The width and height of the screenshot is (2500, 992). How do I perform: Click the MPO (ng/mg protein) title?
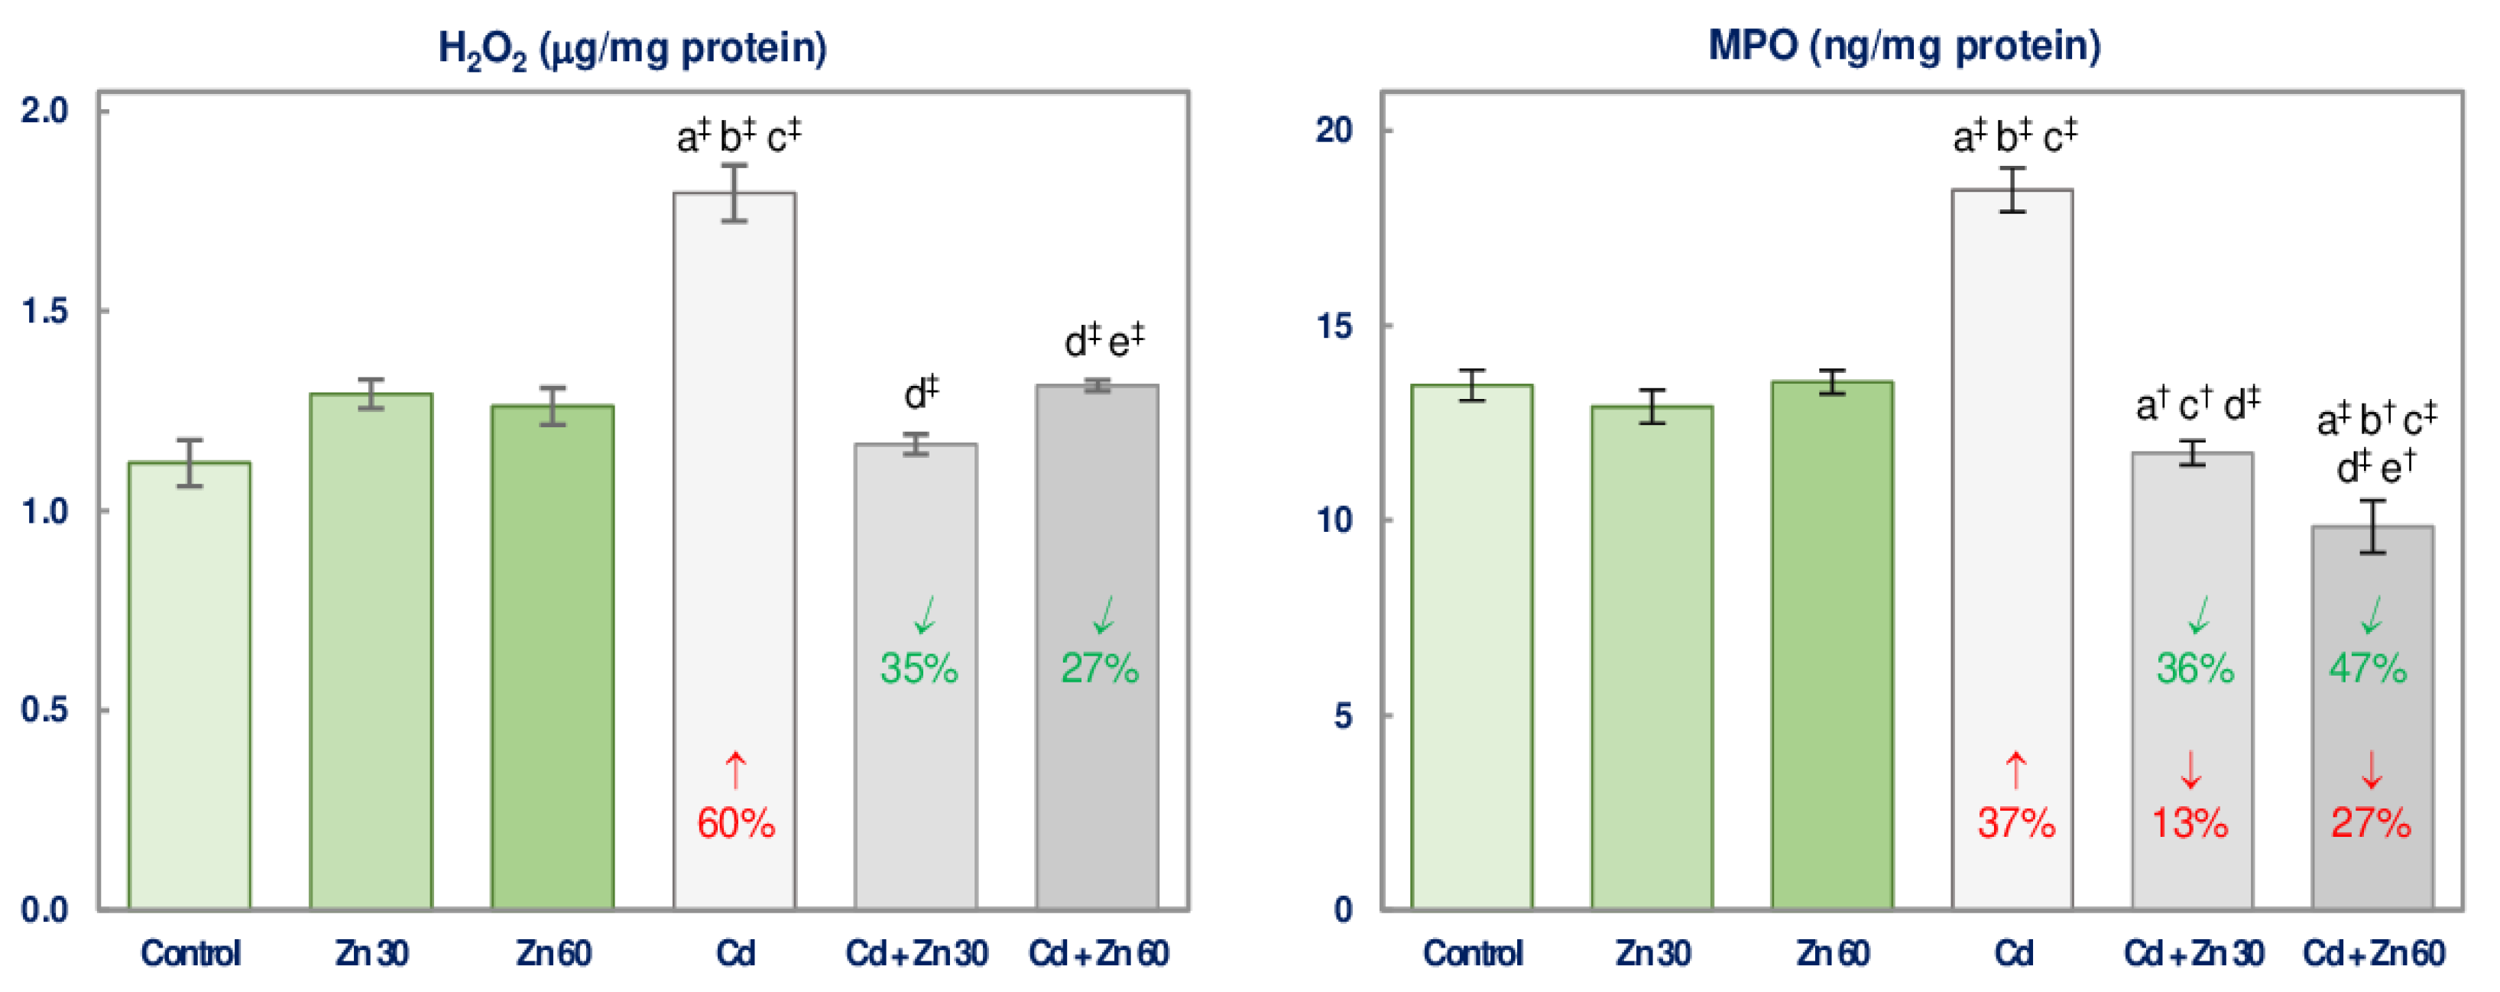[1904, 47]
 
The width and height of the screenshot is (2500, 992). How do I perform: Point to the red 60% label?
[736, 824]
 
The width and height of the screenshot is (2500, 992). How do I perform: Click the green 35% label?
[918, 669]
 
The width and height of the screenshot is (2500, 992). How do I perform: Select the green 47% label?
[2368, 669]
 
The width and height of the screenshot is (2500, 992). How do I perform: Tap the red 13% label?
[2190, 824]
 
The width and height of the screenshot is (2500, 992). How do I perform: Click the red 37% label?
[2015, 824]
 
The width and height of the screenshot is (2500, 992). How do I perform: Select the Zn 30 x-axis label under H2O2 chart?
[371, 954]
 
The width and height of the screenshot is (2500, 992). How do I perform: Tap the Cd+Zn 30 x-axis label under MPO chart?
[2194, 954]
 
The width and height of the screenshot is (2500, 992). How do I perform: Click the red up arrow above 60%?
[736, 770]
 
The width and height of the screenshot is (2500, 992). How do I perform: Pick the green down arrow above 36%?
[2199, 614]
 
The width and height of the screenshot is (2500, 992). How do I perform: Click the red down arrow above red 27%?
[2371, 770]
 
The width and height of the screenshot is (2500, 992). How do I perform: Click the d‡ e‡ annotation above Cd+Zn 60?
[1104, 341]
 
